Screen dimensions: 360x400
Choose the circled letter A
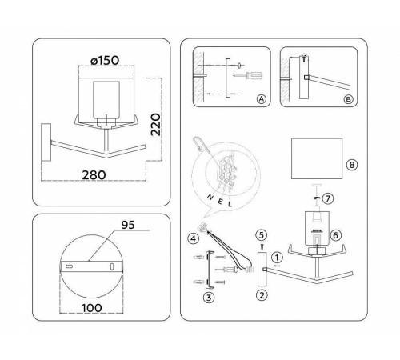coord(260,99)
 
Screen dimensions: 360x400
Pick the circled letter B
coord(346,99)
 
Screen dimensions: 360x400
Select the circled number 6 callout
coord(336,235)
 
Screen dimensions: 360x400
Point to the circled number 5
coord(260,235)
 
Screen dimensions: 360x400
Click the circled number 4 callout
coord(193,238)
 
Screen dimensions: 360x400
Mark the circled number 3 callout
coord(207,298)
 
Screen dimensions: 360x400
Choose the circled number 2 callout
coord(261,294)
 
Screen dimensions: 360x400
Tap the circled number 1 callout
coord(277,258)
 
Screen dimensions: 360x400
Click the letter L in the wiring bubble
coord(230,203)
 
